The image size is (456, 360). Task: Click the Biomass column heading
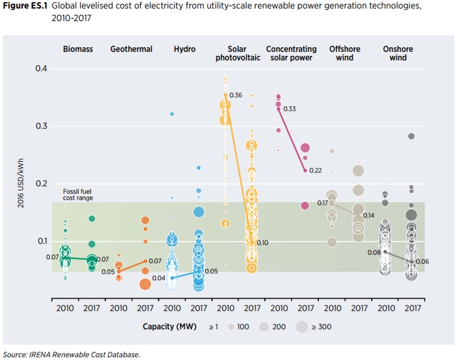[78, 49]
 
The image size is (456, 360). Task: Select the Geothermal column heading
[132, 49]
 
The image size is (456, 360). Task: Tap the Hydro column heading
[184, 49]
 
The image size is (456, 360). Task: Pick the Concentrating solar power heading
[291, 53]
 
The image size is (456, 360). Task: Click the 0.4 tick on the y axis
[40, 69]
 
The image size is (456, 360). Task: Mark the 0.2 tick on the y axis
[40, 183]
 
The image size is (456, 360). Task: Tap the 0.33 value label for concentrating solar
[289, 109]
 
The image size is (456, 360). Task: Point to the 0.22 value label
[316, 170]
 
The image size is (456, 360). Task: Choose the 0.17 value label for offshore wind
[322, 203]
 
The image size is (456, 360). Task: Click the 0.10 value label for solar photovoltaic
[262, 243]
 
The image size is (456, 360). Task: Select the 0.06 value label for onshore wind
[422, 261]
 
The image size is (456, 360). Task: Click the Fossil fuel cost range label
[78, 194]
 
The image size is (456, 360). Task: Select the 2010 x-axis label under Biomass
[65, 308]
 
